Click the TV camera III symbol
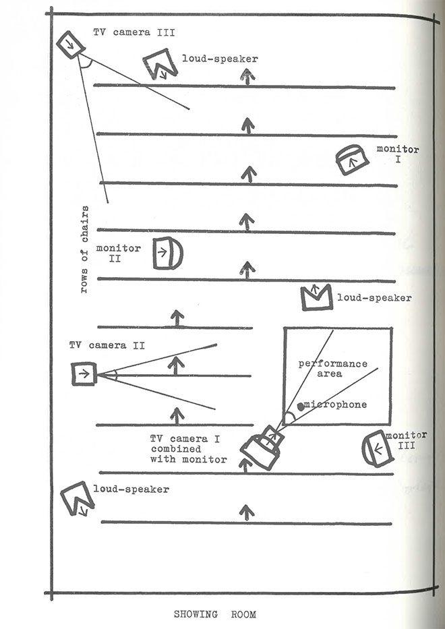(x=71, y=44)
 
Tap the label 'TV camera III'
(x=134, y=32)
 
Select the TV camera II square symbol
(x=84, y=374)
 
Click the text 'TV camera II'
(x=107, y=345)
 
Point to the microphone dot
(x=301, y=407)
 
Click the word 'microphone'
(x=336, y=405)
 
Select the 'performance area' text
(x=332, y=369)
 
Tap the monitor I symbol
(x=352, y=160)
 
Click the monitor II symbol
(x=168, y=253)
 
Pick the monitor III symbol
(x=378, y=449)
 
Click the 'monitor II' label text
(x=118, y=253)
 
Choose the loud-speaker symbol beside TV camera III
(x=160, y=64)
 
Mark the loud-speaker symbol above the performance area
(x=317, y=297)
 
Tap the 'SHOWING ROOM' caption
(x=214, y=614)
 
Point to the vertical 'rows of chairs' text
(x=84, y=249)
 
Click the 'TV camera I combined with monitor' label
(x=189, y=449)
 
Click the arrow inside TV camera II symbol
(x=84, y=374)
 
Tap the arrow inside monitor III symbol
(x=378, y=449)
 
